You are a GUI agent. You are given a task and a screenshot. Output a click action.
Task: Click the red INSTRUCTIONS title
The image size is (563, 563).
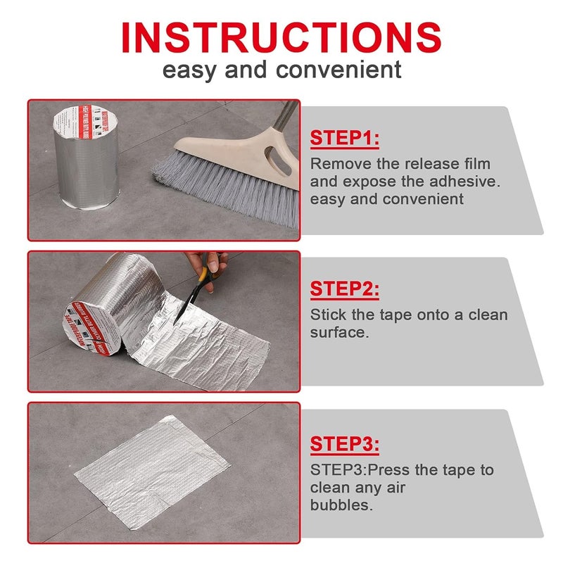[281, 37]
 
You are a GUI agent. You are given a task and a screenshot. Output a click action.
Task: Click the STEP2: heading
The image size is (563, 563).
[345, 289]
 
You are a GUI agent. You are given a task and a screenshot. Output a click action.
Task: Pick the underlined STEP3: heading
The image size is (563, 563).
[345, 445]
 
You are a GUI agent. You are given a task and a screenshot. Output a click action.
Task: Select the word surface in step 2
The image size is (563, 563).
[339, 332]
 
